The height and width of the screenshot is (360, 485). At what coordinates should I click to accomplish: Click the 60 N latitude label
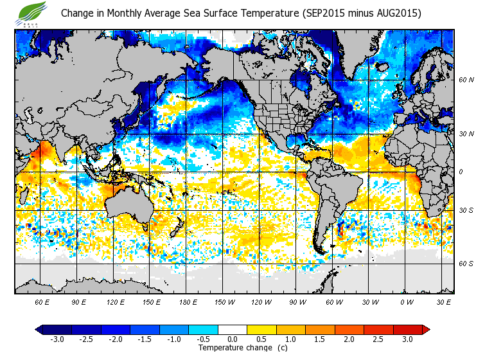coord(466,80)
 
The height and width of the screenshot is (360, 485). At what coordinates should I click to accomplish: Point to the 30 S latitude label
coord(466,211)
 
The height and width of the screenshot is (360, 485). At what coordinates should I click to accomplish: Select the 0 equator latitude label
coord(461,172)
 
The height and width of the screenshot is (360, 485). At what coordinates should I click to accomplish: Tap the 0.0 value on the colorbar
coord(233,339)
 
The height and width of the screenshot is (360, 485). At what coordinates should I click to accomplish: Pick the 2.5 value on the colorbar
coord(377,339)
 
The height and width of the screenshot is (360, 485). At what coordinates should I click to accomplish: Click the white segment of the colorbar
coord(233,329)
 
